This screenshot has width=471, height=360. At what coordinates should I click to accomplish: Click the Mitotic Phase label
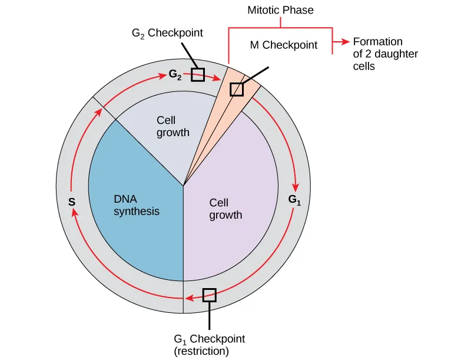coord(280,10)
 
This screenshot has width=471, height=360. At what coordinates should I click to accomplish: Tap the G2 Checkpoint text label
coord(167,34)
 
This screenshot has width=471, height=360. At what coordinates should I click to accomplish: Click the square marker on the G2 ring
coord(198,75)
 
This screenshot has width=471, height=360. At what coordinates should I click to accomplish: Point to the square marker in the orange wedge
coord(237,89)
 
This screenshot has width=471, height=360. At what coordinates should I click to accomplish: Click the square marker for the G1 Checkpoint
coord(210,295)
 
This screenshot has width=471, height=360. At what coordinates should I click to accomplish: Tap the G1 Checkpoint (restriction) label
coord(209,339)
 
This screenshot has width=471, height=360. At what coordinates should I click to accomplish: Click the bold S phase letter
coord(71,202)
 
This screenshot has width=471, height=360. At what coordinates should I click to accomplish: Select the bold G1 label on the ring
coord(294,199)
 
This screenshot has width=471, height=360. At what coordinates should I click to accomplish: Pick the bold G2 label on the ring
coord(175,75)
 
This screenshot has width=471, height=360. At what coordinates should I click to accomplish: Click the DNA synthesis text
coord(136,205)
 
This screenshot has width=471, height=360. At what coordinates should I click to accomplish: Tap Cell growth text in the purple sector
coord(225,209)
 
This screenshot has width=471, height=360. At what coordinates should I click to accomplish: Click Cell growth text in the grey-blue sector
coord(173,126)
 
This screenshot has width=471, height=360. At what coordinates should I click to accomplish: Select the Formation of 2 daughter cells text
coord(377,54)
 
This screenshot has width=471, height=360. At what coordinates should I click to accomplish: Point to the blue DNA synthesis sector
coord(141,236)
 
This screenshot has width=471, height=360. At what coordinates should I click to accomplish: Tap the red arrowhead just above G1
coord(296,184)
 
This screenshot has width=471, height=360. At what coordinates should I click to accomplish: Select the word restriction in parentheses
coord(201,352)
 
